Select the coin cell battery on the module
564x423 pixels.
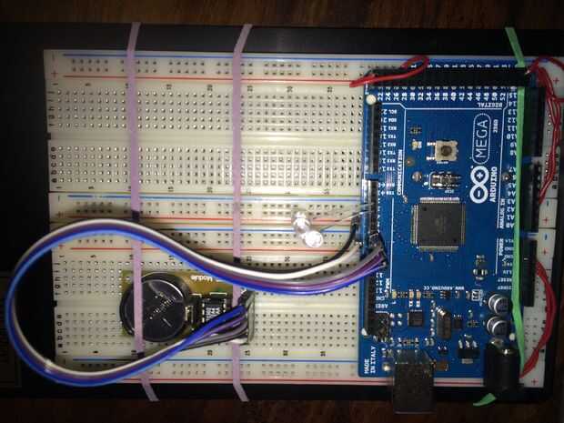(154, 308)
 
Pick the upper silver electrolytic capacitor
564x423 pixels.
(499, 303)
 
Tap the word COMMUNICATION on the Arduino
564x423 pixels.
(401, 165)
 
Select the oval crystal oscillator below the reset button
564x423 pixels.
(445, 178)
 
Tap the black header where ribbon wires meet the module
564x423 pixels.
(244, 314)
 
